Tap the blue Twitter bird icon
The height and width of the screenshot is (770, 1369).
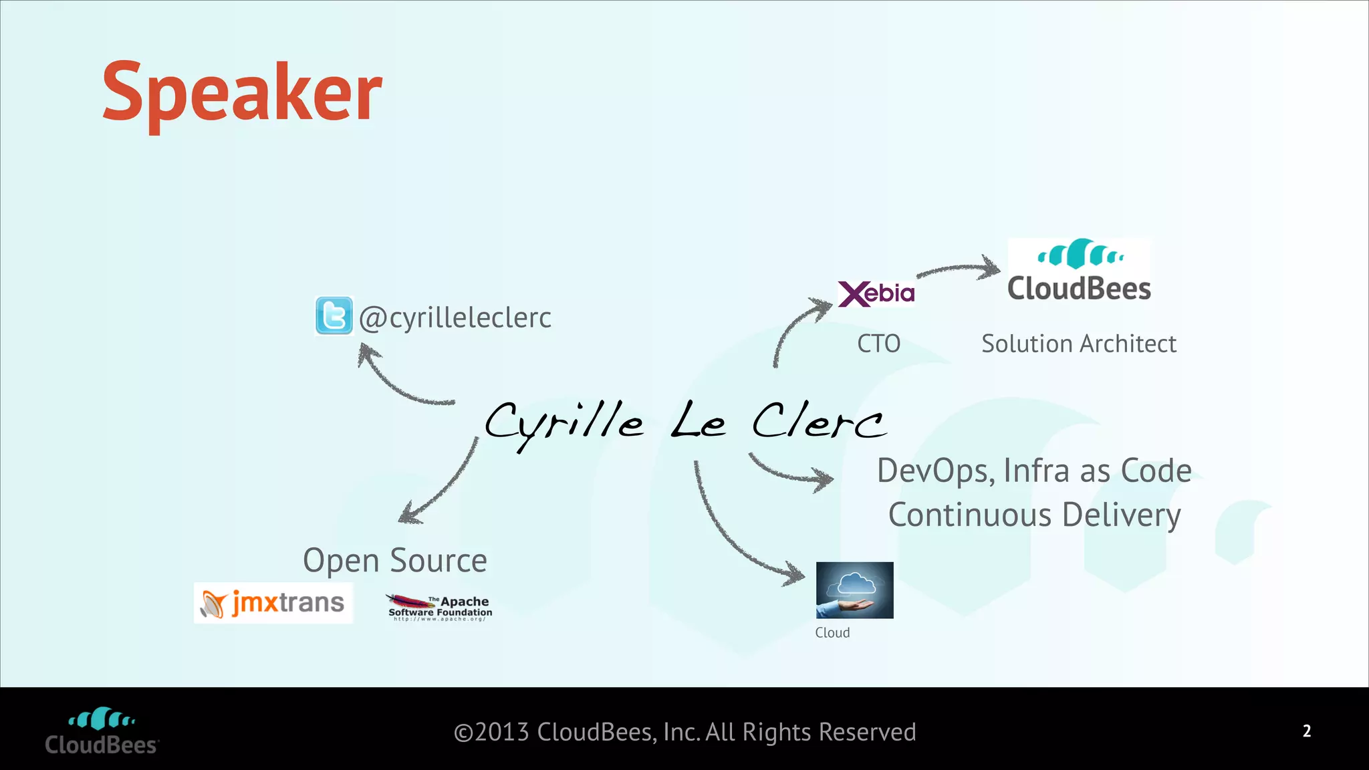tap(334, 315)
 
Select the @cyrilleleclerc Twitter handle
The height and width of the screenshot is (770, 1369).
tap(455, 317)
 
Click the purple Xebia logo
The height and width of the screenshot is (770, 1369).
tap(876, 293)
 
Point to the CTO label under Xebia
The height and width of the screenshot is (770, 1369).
tap(878, 344)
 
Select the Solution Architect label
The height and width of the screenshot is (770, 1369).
tap(1078, 344)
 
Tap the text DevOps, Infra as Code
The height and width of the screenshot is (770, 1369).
tap(1033, 471)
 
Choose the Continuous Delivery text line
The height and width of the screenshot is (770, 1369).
tap(1034, 515)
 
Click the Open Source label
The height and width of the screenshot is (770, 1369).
tap(394, 560)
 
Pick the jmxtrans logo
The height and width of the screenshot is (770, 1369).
tap(273, 603)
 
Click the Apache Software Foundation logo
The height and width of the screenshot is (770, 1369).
tap(440, 607)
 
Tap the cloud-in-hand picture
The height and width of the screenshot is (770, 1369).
tap(854, 590)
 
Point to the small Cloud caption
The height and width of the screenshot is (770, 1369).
tap(832, 632)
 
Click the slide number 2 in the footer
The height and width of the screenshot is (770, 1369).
tap(1307, 731)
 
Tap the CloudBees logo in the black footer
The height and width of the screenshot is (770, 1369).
tap(102, 731)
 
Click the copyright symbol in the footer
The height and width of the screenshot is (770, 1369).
tap(463, 733)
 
